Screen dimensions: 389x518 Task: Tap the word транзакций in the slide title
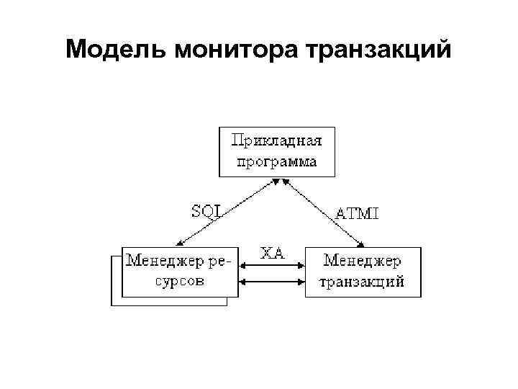point(378,50)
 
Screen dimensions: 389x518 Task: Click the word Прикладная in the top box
point(277,140)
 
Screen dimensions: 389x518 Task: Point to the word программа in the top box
point(277,161)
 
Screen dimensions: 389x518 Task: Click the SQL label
point(206,210)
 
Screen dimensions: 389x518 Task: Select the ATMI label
point(358,213)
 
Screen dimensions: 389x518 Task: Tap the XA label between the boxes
point(272,252)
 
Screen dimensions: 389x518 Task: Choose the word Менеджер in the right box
point(363,260)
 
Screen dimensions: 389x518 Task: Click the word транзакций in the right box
point(363,280)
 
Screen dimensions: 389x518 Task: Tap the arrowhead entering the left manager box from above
point(177,244)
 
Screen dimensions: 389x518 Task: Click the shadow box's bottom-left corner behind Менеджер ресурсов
point(112,305)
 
